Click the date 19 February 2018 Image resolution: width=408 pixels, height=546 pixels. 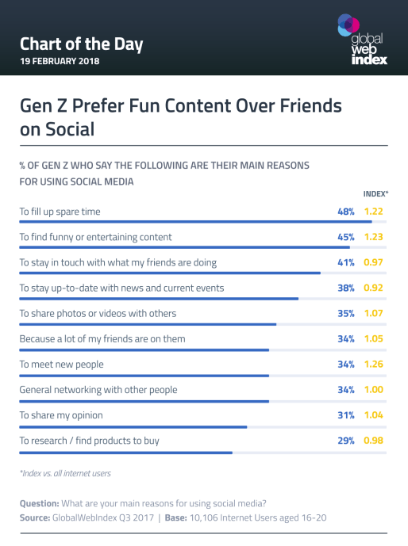tap(60, 62)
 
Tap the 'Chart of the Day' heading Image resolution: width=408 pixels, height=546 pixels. tap(81, 44)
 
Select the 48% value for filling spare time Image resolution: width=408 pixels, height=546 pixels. tap(344, 212)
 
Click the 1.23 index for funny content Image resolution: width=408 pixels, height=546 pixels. tap(375, 237)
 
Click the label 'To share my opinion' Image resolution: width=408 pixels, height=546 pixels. tap(61, 414)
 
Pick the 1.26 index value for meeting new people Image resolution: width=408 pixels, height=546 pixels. tap(375, 364)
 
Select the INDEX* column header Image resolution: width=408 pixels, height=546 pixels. tap(375, 193)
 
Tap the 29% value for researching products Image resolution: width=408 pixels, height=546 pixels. tap(344, 440)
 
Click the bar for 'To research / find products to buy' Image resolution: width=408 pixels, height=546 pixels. tap(125, 452)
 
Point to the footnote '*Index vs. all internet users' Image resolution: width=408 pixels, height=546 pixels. tap(65, 473)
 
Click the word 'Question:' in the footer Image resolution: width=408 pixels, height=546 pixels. tap(39, 503)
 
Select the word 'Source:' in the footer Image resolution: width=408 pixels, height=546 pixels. tap(35, 517)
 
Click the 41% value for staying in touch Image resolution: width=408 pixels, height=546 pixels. tap(344, 262)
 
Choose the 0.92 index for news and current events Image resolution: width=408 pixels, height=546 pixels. tap(375, 288)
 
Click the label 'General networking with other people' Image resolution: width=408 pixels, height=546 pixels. tap(98, 389)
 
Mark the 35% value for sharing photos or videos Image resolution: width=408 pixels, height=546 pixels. tap(344, 313)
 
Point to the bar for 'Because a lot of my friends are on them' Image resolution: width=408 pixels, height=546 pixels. tap(144, 349)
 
